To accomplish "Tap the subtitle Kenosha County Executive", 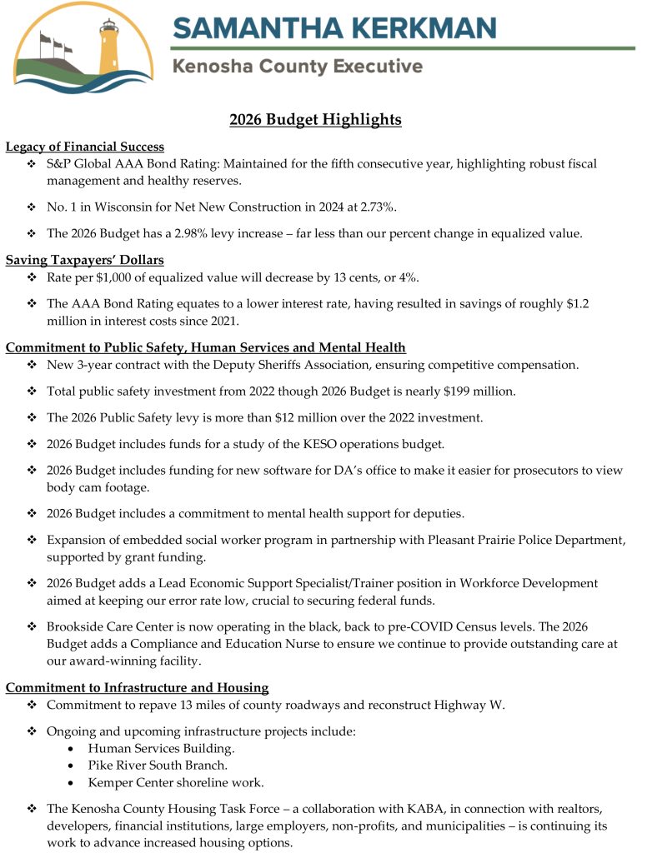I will pyautogui.click(x=297, y=67).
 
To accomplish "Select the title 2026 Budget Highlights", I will pyautogui.click(x=315, y=120).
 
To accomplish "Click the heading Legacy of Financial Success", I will pyautogui.click(x=85, y=147).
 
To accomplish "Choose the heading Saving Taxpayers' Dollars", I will pyautogui.click(x=84, y=260).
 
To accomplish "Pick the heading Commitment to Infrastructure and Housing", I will pyautogui.click(x=137, y=687).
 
